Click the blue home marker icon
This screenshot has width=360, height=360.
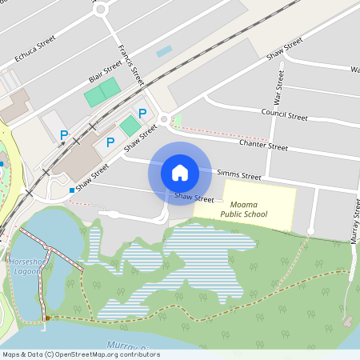coord(180,172)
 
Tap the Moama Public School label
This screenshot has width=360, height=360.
coord(244,210)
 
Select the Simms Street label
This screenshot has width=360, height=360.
coord(241,175)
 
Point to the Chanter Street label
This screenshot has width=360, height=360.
coord(263,146)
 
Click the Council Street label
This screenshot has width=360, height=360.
coord(284,116)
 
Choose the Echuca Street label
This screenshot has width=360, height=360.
coord(35,48)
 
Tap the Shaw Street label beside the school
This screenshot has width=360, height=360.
coord(194,197)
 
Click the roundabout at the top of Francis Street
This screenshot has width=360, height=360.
coord(101,10)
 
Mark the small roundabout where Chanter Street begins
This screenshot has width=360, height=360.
coord(164,119)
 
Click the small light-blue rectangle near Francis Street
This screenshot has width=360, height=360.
coord(164,51)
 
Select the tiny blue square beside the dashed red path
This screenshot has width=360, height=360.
coord(72,190)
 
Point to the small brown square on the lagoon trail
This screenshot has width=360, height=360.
coord(47,318)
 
